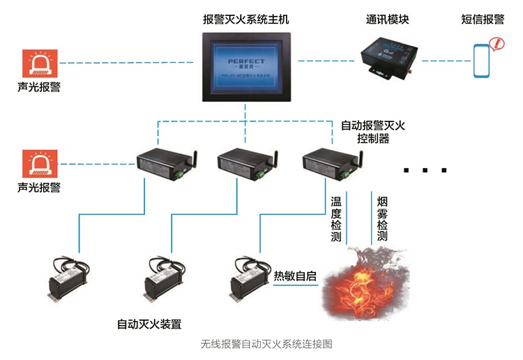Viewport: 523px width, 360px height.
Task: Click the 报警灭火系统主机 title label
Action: [245, 20]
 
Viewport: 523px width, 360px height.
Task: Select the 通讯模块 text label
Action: [387, 20]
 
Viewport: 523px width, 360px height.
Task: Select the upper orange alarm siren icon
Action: [40, 63]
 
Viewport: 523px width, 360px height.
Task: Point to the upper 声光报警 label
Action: [39, 89]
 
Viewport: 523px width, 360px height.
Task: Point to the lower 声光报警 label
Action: [39, 188]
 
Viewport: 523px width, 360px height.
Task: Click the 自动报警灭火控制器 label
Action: [373, 132]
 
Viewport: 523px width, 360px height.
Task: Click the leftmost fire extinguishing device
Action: [68, 280]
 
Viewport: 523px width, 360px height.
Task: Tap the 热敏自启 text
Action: [295, 276]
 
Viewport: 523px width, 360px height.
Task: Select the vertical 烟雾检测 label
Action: [381, 218]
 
